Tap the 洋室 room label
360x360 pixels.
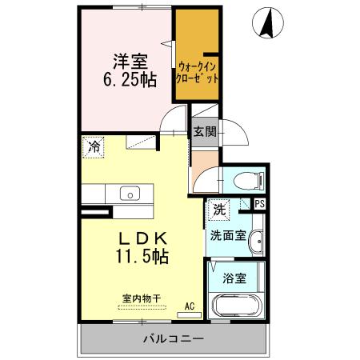(128, 62)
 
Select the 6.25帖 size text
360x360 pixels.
(128, 80)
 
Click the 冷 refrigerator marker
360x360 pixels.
(94, 147)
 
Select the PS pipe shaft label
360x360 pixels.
(259, 204)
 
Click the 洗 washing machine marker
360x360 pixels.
(218, 210)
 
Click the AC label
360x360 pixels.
(190, 306)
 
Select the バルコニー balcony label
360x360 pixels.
(174, 338)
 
